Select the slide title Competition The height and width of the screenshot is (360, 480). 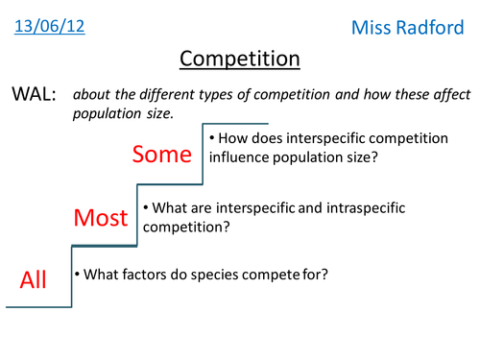point(240,60)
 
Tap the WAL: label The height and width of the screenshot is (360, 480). point(35,95)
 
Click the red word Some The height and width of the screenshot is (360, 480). point(163,155)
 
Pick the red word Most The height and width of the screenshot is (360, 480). point(101,219)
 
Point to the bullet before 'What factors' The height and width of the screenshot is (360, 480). point(78,275)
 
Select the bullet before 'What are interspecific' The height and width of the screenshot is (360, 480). point(145,207)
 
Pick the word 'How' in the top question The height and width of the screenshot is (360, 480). point(233,141)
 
